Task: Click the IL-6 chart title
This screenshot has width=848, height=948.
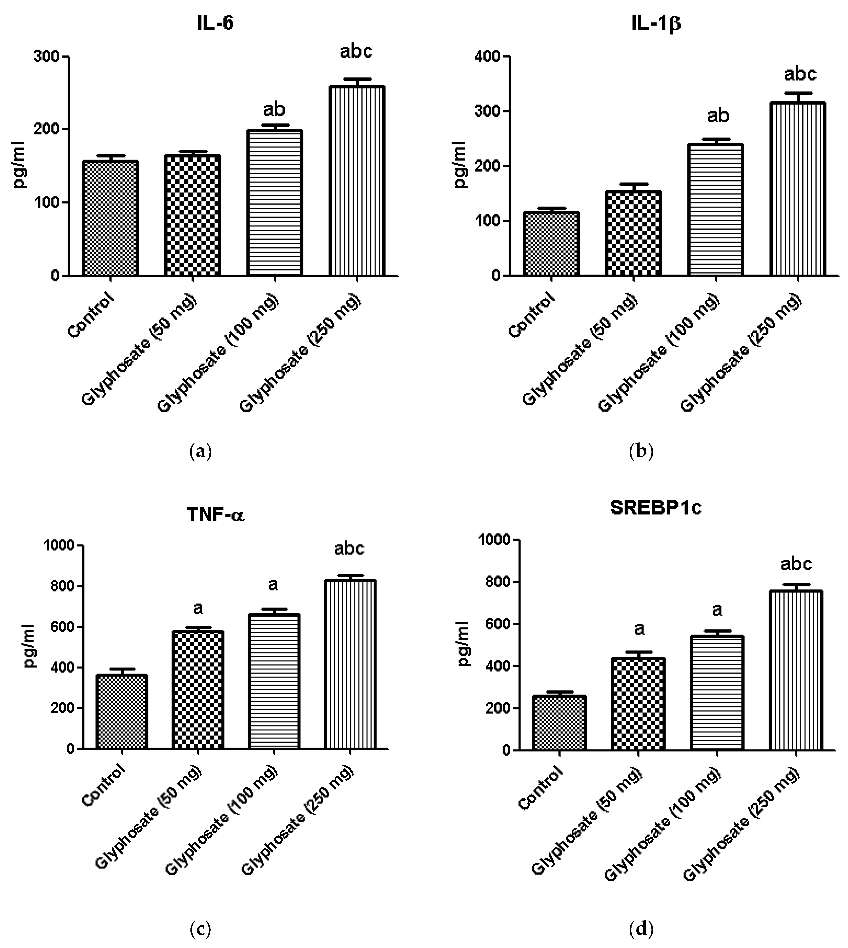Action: (215, 23)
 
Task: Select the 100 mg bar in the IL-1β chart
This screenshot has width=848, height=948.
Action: (716, 210)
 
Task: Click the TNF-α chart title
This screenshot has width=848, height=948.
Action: (215, 515)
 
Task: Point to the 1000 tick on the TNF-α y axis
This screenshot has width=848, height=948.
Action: (60, 545)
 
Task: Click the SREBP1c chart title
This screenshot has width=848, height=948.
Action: (656, 508)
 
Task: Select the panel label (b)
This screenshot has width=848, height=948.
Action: (641, 451)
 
